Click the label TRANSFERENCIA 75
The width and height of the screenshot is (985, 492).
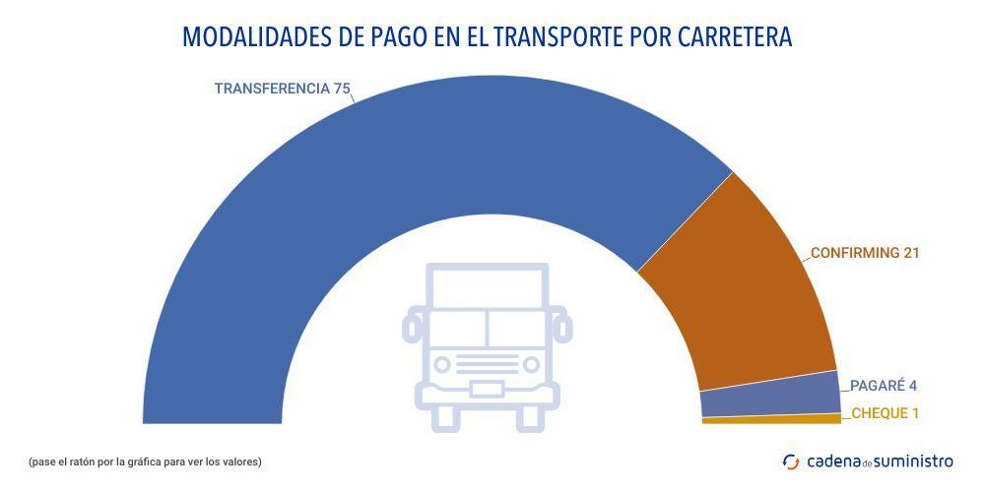[x=282, y=88]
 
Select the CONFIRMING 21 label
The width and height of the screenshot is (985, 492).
[x=864, y=253]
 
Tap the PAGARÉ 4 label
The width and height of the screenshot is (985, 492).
[x=884, y=386]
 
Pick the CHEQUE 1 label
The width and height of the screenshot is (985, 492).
[x=885, y=413]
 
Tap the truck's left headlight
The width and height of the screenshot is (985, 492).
[x=442, y=364]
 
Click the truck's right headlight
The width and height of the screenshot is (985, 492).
[x=532, y=364]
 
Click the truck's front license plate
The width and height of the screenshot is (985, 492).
[x=487, y=389]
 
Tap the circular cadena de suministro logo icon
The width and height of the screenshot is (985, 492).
[x=791, y=461]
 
